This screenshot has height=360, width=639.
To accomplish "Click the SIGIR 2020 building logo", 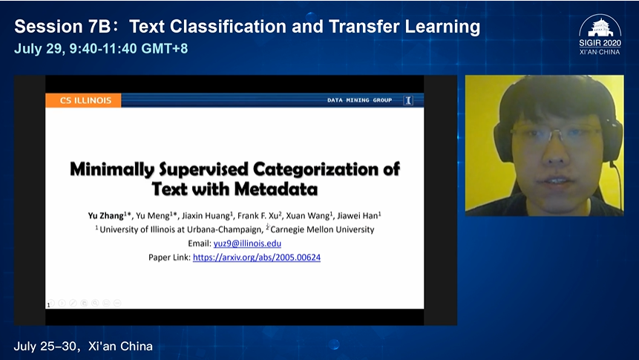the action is (x=600, y=27).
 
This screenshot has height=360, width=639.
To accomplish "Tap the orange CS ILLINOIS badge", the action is (x=83, y=100).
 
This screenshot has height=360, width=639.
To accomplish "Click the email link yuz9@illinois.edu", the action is (x=247, y=243).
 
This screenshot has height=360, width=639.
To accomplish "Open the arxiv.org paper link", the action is (x=257, y=258).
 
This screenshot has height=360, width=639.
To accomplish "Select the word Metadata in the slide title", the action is (x=276, y=189).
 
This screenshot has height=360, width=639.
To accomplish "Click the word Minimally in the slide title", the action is (x=112, y=169).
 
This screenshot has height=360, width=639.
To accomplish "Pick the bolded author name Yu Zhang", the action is (x=106, y=216).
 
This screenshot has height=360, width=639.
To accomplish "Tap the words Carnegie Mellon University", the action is (x=322, y=229).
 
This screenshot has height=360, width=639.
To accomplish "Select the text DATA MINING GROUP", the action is (x=359, y=100).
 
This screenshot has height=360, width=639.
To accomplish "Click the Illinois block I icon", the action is (x=408, y=100).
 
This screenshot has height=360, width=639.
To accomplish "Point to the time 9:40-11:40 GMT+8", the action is (x=128, y=48).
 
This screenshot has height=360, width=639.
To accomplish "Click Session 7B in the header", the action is (x=63, y=27).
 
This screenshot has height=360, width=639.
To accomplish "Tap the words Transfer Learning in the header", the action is (x=404, y=27).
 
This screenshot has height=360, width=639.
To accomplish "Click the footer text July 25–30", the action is (x=45, y=346).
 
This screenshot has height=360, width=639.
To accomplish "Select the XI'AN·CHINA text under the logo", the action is (x=600, y=52).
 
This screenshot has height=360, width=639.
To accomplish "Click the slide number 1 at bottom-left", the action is (x=48, y=304).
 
